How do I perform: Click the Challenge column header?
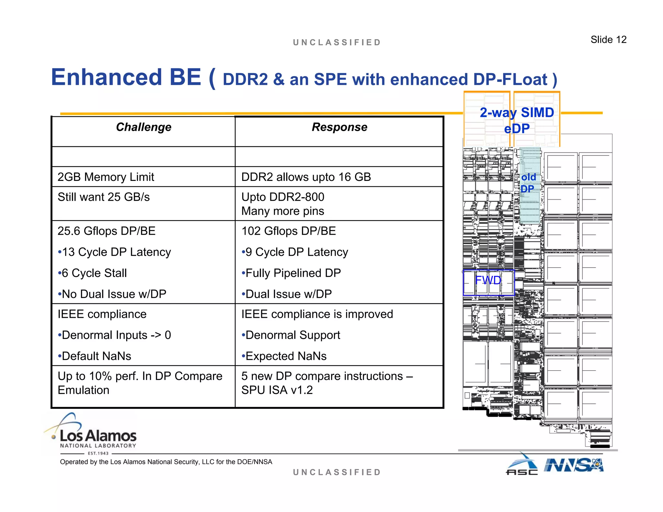coord(143,127)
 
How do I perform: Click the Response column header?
coord(339,127)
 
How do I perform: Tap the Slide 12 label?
coord(608,39)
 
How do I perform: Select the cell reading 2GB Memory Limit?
coord(106,177)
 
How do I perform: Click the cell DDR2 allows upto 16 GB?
coord(306,177)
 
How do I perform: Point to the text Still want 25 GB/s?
coord(104,197)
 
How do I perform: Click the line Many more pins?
coord(283,211)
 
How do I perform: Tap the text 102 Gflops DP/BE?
coord(288,231)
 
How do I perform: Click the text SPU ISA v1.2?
coord(277,390)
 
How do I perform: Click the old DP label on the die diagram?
coord(528,183)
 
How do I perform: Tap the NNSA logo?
coord(574,465)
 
